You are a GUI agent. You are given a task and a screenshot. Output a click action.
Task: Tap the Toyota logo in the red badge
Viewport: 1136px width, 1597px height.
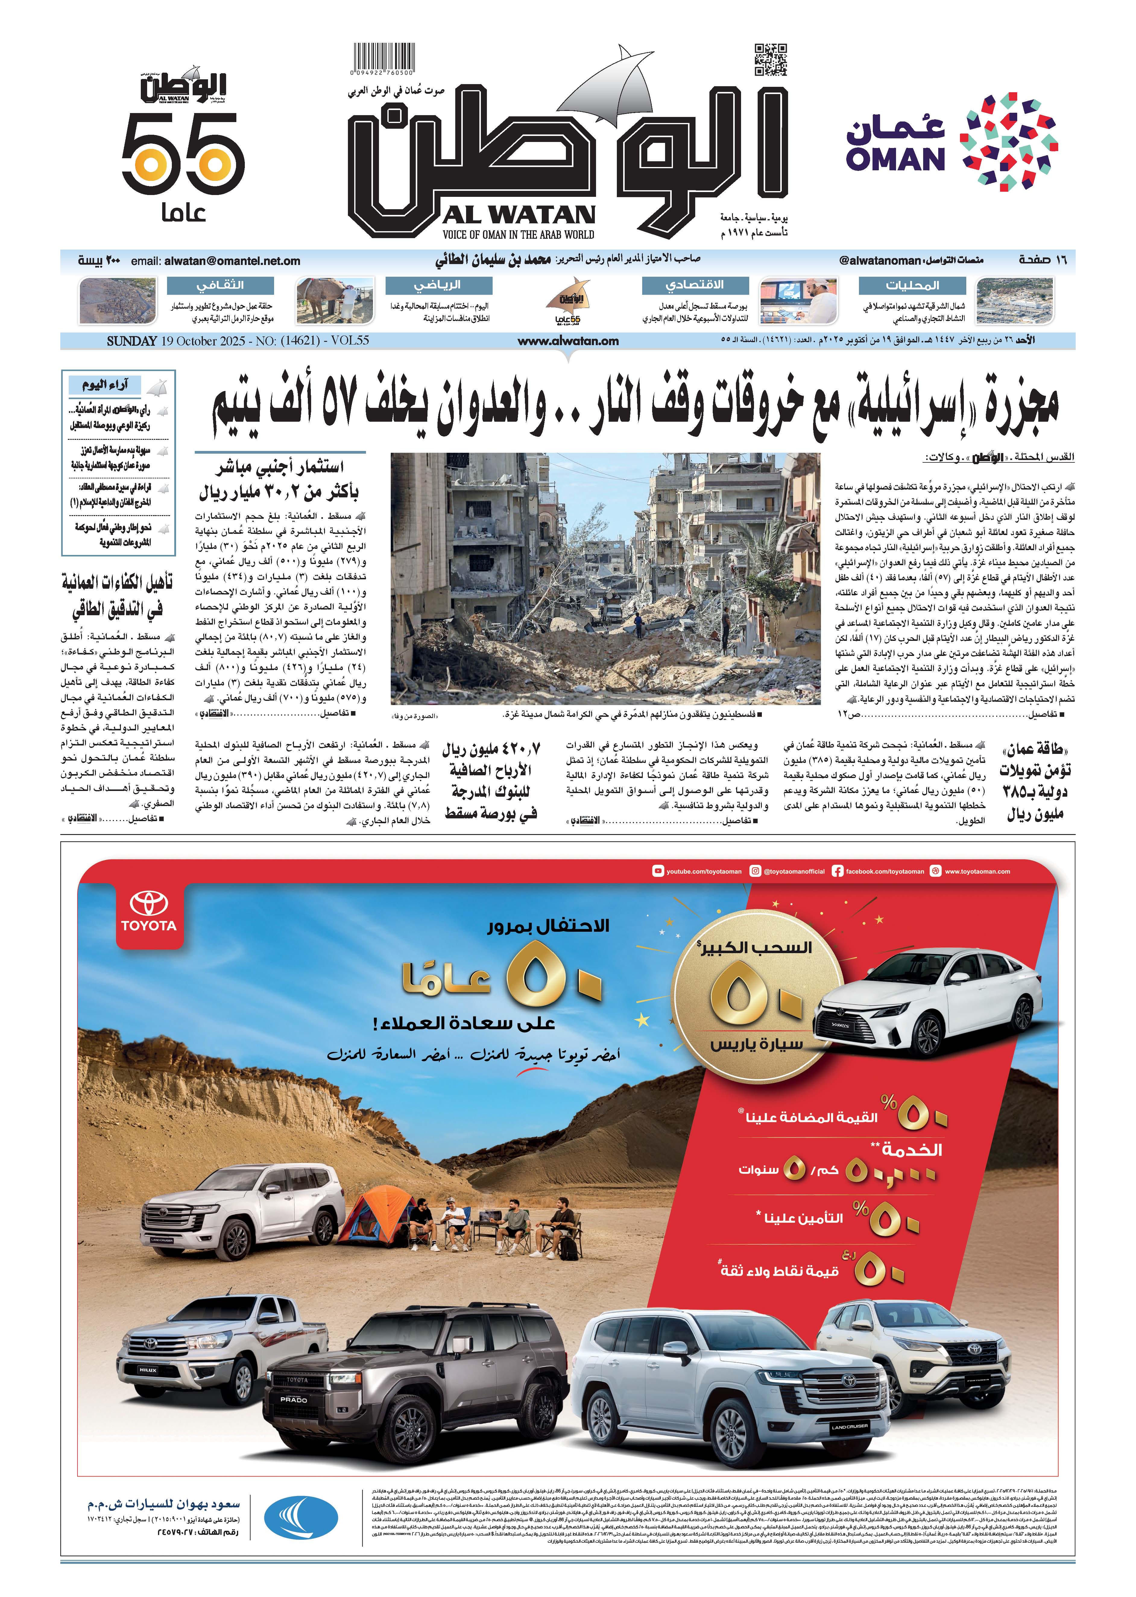tap(149, 912)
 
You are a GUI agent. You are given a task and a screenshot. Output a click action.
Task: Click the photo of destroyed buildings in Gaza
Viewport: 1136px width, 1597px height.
tap(605, 578)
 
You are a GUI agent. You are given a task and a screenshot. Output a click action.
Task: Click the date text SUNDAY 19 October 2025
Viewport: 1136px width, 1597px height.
tap(237, 341)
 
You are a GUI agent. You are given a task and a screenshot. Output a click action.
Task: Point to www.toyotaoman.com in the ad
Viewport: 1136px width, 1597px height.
tap(977, 872)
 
